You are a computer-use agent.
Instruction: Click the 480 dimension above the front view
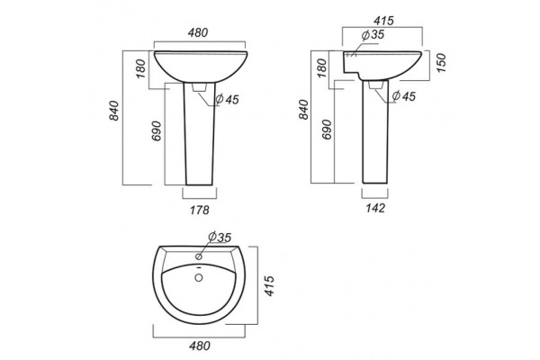(198, 32)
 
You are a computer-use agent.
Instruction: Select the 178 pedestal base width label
(200, 210)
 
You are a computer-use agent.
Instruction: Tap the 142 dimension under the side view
(375, 208)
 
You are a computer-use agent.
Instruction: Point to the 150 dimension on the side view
(441, 63)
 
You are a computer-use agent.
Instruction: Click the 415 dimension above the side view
(383, 21)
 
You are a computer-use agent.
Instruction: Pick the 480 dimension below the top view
(200, 346)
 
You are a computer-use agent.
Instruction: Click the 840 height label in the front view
(114, 111)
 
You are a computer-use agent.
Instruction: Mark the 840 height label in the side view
(304, 110)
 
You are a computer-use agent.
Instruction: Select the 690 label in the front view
(157, 130)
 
